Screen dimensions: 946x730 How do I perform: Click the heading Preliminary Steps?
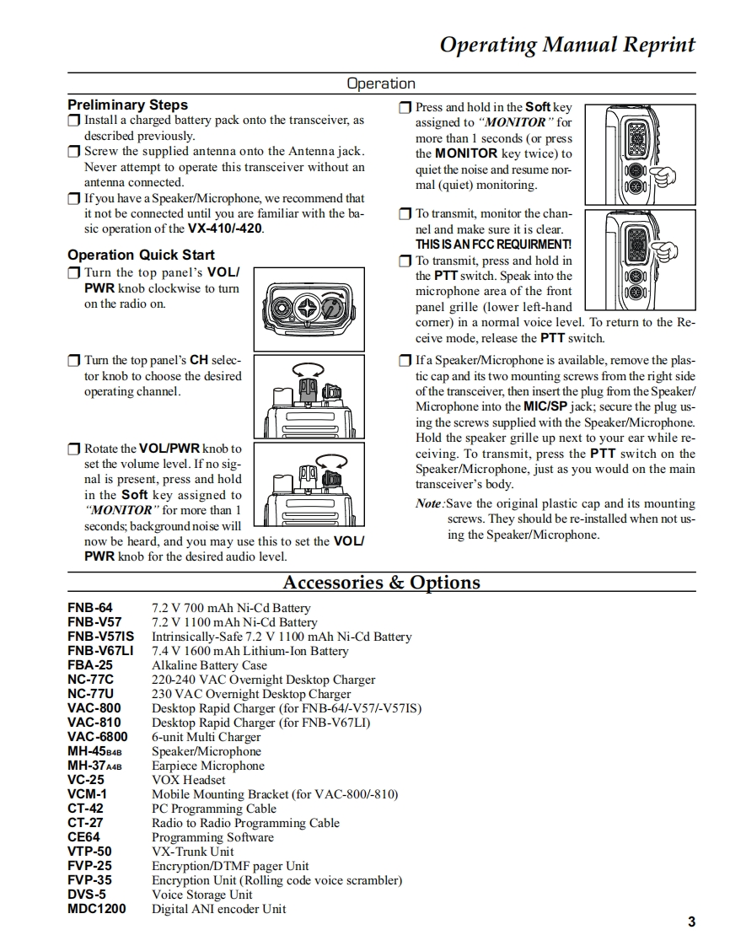coord(127,105)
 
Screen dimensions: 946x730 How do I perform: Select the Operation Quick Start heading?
coord(141,255)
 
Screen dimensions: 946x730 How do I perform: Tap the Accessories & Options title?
coord(381,583)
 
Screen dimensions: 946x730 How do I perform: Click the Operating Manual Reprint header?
coord(567,45)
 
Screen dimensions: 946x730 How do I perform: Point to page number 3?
coord(691,922)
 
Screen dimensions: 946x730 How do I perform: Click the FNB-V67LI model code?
coord(100,651)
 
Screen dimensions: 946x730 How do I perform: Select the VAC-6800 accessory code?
coord(98,737)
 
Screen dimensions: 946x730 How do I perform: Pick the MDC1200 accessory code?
coord(97,909)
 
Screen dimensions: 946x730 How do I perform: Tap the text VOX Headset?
coord(189,780)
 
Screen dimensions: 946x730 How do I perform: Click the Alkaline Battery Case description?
coord(209,665)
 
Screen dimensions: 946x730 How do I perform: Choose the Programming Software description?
coord(212,837)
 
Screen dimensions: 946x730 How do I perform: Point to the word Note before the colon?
coord(428,503)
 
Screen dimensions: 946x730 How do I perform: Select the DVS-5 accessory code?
coord(87,895)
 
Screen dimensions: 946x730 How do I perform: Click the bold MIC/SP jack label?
coord(545,406)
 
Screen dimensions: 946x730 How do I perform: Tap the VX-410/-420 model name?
coord(225,229)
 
